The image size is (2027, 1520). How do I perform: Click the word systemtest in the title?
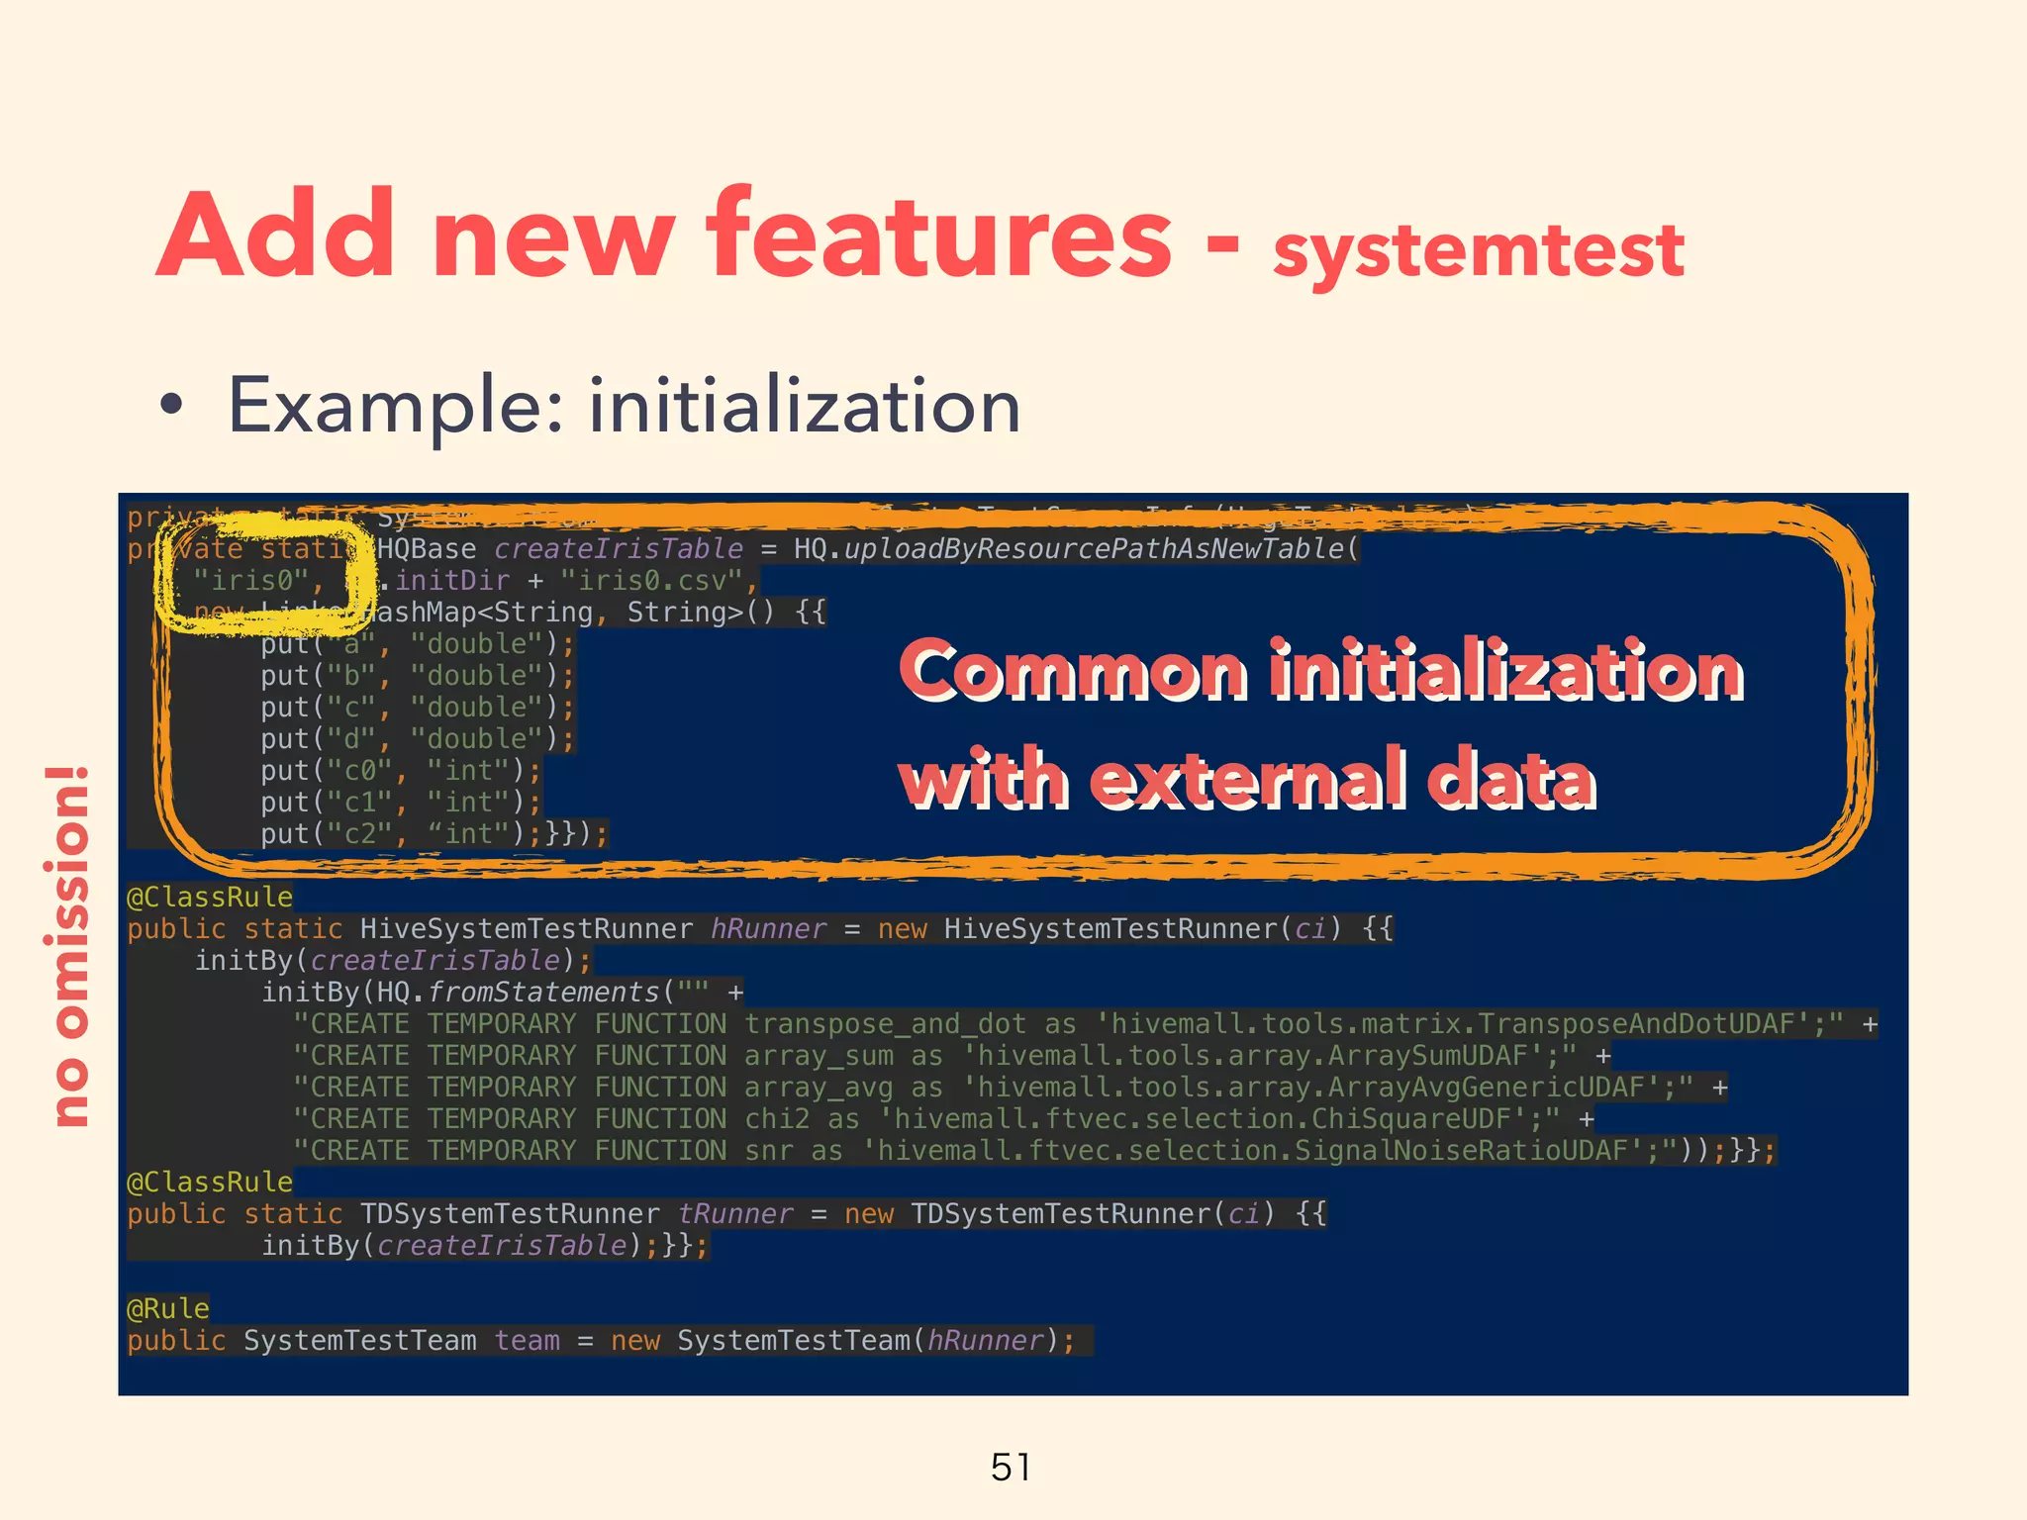coord(1479,249)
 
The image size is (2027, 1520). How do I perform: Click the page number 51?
coord(1012,1467)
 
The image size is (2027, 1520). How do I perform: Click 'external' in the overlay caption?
coord(1248,779)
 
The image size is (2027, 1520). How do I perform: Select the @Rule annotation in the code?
coord(168,1308)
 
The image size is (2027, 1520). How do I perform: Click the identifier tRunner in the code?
coord(735,1213)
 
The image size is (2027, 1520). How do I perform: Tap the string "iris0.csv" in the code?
coord(651,580)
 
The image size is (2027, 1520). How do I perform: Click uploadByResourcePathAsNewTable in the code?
coord(1094,548)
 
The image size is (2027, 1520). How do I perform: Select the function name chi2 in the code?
coord(777,1118)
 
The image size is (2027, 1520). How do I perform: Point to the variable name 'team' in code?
coord(528,1340)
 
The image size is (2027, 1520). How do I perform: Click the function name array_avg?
coord(819,1087)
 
